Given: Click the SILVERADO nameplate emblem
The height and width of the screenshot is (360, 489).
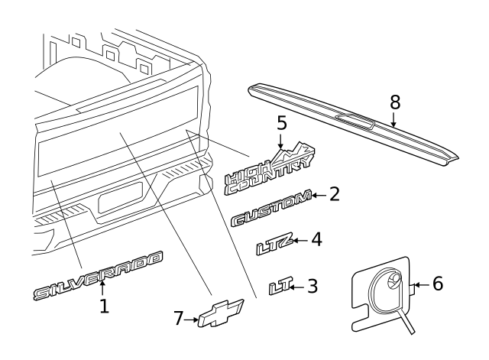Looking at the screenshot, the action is pyautogui.click(x=98, y=275).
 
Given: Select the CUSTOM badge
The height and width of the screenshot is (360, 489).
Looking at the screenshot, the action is pyautogui.click(x=271, y=207).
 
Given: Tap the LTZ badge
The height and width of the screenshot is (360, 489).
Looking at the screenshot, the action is pyautogui.click(x=275, y=244).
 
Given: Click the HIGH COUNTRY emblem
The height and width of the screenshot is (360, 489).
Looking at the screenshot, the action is pyautogui.click(x=268, y=170).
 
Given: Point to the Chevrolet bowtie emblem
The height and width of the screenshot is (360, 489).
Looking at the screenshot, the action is pyautogui.click(x=221, y=313).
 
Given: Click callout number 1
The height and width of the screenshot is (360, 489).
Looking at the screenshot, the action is pyautogui.click(x=104, y=306).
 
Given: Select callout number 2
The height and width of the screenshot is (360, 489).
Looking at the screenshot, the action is pyautogui.click(x=335, y=194).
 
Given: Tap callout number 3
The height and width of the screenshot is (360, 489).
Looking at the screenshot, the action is pyautogui.click(x=313, y=286).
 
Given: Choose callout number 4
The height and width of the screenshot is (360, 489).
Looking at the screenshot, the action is pyautogui.click(x=316, y=239).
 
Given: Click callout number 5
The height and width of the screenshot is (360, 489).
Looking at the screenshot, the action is pyautogui.click(x=282, y=123).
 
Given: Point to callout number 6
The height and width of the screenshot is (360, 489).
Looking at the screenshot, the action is pyautogui.click(x=438, y=284).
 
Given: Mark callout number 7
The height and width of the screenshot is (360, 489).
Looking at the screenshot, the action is pyautogui.click(x=178, y=319).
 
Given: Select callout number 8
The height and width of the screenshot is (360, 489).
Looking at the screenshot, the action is pyautogui.click(x=395, y=102).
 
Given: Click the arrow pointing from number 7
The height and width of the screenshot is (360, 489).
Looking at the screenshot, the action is pyautogui.click(x=191, y=319).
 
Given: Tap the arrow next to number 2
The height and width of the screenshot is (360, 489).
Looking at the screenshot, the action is pyautogui.click(x=319, y=196).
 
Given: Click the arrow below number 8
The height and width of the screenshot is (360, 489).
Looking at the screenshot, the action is pyautogui.click(x=393, y=119).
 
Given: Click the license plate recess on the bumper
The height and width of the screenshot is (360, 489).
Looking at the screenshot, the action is pyautogui.click(x=121, y=197).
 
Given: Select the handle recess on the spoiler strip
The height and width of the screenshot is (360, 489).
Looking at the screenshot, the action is pyautogui.click(x=355, y=121).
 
